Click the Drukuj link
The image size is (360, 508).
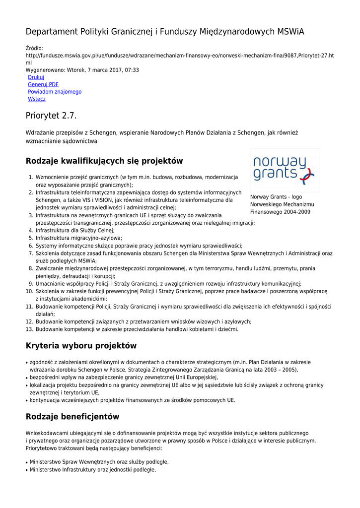click(x=36, y=77)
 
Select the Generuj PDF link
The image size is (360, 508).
click(x=43, y=85)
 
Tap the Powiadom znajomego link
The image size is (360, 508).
click(x=55, y=92)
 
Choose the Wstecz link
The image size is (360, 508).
click(x=37, y=99)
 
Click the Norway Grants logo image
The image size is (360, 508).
click(x=285, y=170)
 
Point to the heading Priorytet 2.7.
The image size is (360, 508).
click(x=51, y=116)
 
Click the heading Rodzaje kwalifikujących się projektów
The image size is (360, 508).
click(x=104, y=161)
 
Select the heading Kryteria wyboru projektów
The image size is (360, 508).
click(x=81, y=346)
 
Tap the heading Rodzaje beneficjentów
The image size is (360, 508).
click(x=72, y=417)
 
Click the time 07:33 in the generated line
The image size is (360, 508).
click(x=132, y=70)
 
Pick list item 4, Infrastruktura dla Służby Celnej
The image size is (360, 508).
click(x=75, y=231)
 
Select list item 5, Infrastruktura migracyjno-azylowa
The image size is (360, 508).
click(x=78, y=238)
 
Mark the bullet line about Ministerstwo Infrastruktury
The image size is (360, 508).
click(x=93, y=470)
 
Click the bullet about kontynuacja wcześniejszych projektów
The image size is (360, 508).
click(x=133, y=400)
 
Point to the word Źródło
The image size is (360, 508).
click(x=34, y=48)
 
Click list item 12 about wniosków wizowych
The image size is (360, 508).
click(x=144, y=321)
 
